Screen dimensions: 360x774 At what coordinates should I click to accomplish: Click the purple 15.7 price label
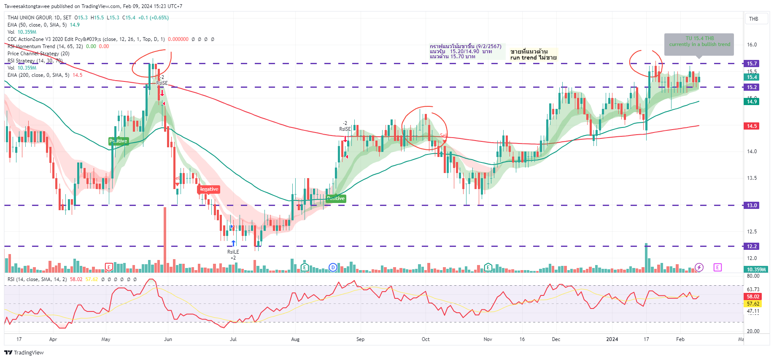click(752, 64)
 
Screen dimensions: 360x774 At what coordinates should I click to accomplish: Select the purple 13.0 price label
click(752, 206)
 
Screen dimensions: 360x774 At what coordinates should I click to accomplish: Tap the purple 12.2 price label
click(752, 246)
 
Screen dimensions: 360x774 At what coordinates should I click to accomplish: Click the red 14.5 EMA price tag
click(752, 126)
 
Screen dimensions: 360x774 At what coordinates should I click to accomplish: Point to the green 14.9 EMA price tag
click(752, 102)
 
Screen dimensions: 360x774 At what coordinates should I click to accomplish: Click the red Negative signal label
click(209, 189)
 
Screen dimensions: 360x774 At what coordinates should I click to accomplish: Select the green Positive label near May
click(119, 141)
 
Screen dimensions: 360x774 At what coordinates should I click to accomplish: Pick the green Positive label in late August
click(336, 198)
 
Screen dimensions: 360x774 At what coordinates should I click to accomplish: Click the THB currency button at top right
click(753, 19)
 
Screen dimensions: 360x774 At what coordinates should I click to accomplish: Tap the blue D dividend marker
click(333, 267)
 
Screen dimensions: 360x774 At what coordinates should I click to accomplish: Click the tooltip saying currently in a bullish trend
click(699, 44)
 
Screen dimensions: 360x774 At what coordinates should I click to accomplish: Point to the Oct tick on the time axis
click(426, 339)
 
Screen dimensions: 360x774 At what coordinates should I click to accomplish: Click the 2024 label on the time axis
click(612, 339)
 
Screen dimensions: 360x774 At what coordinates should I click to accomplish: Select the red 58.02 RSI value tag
click(753, 297)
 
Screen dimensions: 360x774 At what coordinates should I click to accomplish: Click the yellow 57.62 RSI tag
click(753, 304)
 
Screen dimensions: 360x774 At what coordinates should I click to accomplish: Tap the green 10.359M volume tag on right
click(756, 270)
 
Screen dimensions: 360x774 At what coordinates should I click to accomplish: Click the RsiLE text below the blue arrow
click(233, 252)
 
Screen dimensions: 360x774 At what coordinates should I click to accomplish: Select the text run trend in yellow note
click(523, 58)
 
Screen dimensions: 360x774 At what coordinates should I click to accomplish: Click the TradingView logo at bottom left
click(24, 353)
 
